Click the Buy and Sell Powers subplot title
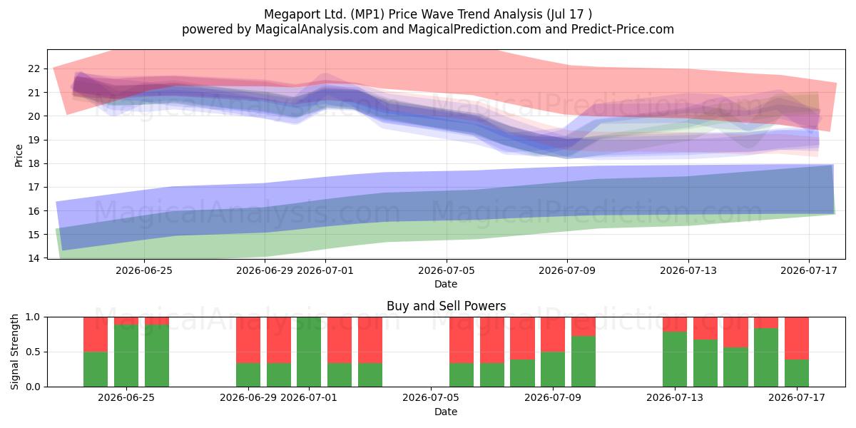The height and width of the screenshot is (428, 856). coord(446,306)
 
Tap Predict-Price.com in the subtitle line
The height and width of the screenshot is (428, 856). coord(623,29)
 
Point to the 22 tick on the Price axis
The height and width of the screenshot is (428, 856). coord(34,68)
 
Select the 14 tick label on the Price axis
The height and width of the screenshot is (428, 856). coord(34,258)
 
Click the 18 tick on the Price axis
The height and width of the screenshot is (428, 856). coord(34,163)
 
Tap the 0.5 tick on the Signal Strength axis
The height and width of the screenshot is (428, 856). coord(33,352)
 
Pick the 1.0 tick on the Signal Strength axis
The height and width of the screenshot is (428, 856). coord(33,317)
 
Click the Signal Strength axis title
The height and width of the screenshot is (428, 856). coord(14,352)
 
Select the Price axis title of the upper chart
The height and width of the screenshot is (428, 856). coord(19,156)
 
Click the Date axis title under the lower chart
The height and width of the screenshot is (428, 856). coord(446,412)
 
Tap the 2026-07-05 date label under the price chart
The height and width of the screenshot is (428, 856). coord(447,270)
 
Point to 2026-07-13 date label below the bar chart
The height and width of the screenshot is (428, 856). coord(675,398)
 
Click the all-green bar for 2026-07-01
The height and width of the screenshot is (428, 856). coord(309,352)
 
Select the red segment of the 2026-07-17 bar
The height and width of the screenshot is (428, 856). coord(797,338)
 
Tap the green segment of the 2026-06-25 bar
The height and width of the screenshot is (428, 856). coord(126,355)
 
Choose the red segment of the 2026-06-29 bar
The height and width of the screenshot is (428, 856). coord(248,340)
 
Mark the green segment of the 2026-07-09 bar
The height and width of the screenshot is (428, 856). coord(553,370)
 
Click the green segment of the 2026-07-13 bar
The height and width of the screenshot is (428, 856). coord(675,360)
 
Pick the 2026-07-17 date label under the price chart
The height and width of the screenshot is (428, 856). coord(809,270)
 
